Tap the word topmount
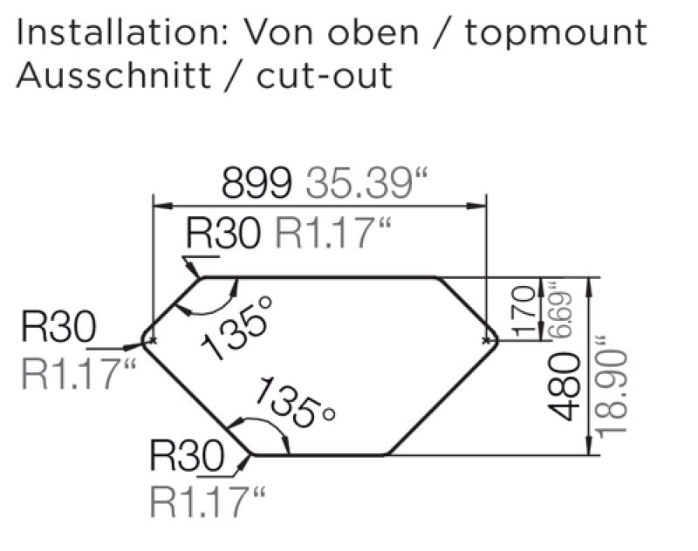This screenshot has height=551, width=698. [556, 35]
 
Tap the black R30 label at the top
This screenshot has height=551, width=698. [224, 234]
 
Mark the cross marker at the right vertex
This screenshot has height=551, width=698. [486, 341]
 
